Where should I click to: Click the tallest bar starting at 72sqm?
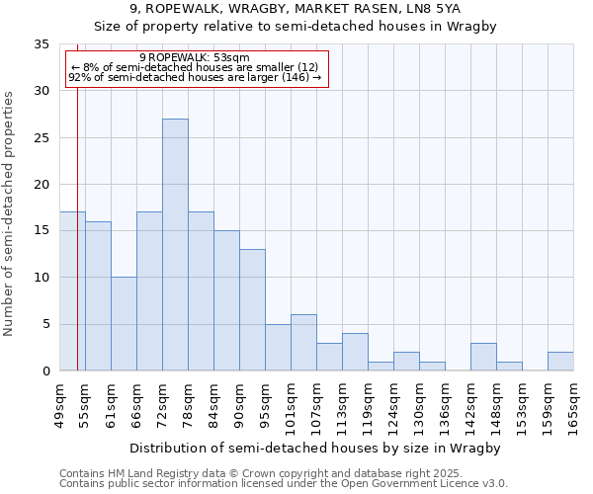[175, 245]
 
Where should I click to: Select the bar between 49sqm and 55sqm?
[72, 291]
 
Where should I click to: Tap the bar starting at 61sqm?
[124, 324]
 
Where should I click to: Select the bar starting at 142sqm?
[483, 357]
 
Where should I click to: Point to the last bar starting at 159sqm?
[560, 362]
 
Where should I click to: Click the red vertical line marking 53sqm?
[77, 227]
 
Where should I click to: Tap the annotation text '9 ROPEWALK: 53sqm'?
[195, 58]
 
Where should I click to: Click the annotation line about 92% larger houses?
[195, 77]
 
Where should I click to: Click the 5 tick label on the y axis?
[45, 325]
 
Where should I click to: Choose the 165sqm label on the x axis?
[573, 405]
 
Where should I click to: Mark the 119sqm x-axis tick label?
[368, 405]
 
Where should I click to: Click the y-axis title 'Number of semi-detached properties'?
[10, 213]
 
